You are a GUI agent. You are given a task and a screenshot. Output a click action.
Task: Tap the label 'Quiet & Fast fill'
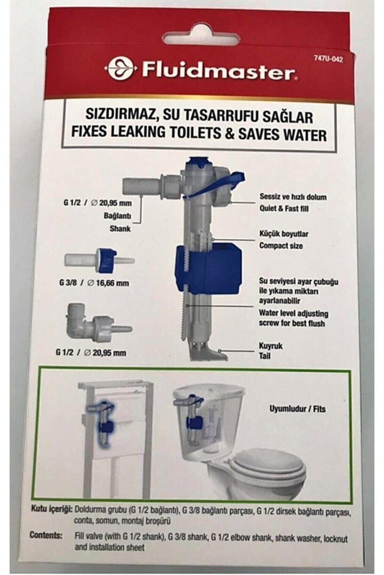click(284, 209)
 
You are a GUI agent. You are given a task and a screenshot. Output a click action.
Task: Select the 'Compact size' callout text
click(281, 246)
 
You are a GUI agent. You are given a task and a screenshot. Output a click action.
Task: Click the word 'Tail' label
click(265, 356)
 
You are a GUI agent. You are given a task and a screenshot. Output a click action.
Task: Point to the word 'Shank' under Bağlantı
click(120, 229)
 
